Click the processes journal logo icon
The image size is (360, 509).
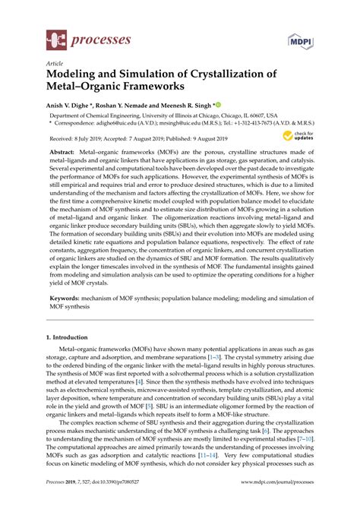(x=55, y=36)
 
